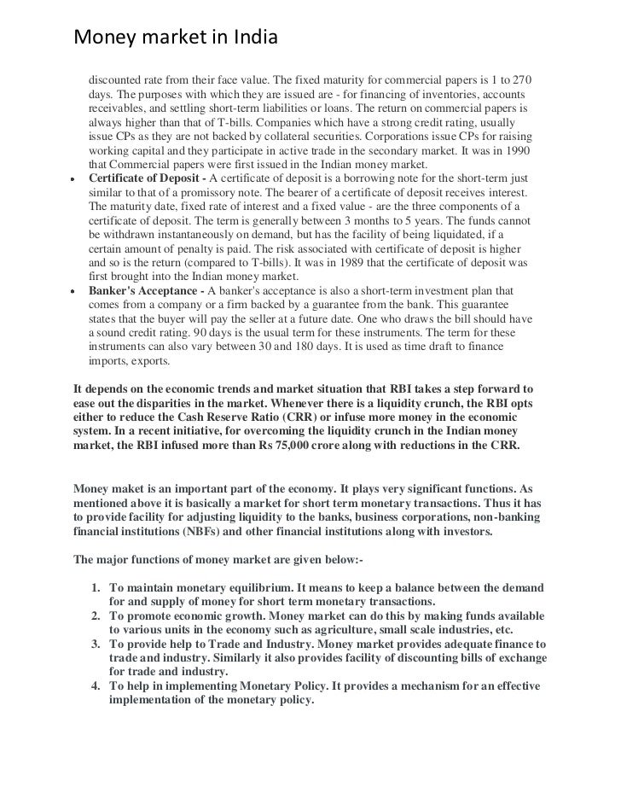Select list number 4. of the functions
(96, 686)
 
